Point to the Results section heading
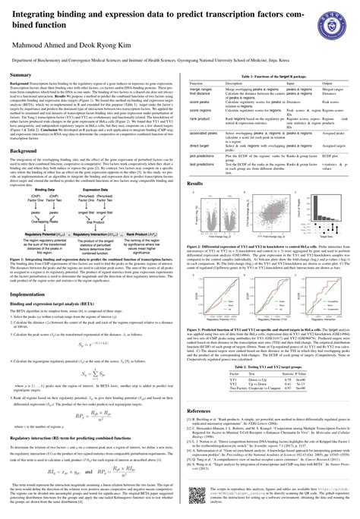(197, 184)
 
